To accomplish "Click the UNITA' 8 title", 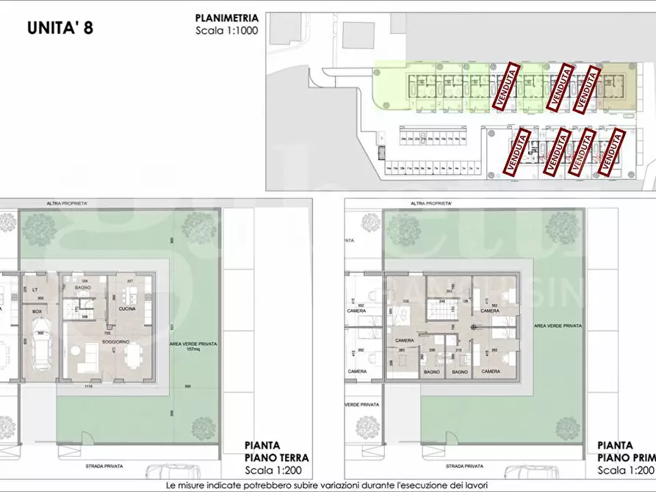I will (x=60, y=29).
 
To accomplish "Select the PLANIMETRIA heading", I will (x=227, y=18).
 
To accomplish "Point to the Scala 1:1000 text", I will (x=227, y=31).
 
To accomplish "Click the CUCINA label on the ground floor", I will (x=129, y=309).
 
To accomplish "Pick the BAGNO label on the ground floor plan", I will (x=82, y=288).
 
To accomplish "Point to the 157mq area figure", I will (x=194, y=349).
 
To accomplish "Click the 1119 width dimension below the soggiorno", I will (x=87, y=386).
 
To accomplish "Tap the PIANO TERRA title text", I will (x=276, y=457).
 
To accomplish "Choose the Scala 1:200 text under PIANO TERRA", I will (x=276, y=470).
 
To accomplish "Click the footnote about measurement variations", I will (x=327, y=485).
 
